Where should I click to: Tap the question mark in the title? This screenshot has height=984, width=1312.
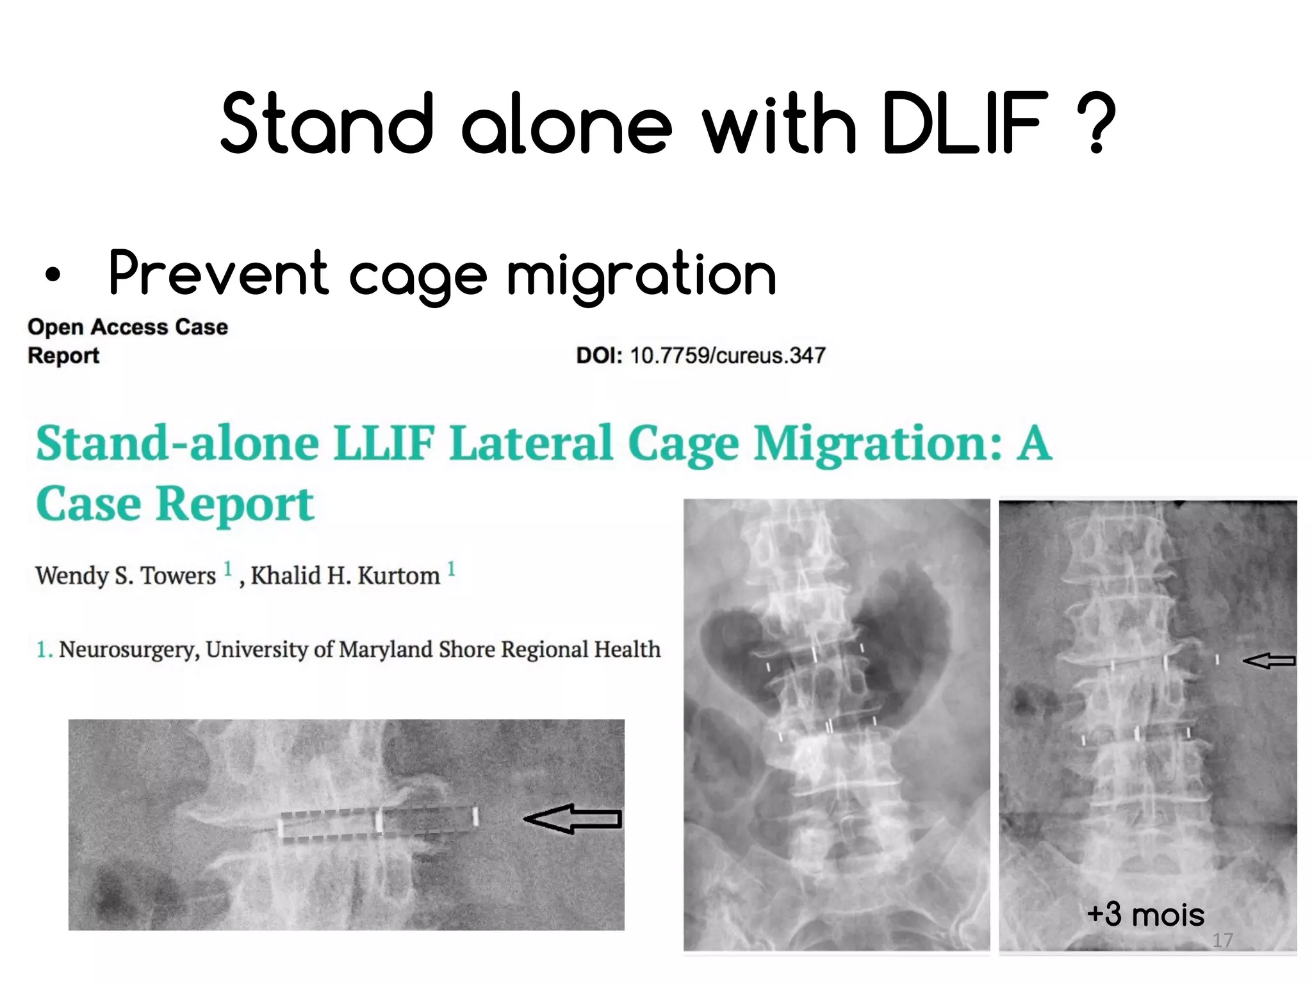(1097, 123)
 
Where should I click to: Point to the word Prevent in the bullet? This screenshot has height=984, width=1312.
(218, 274)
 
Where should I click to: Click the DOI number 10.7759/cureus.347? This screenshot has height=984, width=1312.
(728, 356)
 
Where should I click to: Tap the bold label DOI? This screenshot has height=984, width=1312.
(599, 356)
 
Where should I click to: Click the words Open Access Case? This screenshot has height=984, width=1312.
(127, 327)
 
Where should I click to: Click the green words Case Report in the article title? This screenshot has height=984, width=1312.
(175, 504)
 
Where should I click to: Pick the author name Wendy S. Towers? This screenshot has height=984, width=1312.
(126, 576)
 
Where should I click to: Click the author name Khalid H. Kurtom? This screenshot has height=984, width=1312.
(345, 576)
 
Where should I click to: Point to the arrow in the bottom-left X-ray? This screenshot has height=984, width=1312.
(572, 819)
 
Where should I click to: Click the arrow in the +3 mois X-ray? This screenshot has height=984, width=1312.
(1269, 660)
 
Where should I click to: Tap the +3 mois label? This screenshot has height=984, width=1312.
(1145, 914)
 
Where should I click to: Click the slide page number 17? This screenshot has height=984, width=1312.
(1222, 940)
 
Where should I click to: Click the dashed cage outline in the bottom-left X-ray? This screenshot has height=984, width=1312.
(378, 823)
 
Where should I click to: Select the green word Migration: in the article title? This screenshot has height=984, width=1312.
(878, 443)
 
